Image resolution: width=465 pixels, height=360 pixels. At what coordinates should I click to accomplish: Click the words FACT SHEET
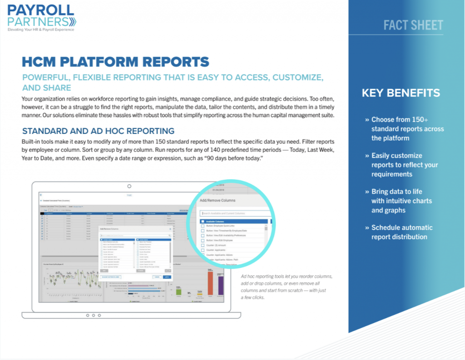[413, 25]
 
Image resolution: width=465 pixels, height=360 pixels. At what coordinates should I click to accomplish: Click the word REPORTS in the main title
[171, 62]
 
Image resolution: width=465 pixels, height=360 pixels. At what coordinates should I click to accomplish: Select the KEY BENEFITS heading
[401, 93]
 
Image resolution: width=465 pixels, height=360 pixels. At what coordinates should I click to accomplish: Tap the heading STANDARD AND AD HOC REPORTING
[98, 131]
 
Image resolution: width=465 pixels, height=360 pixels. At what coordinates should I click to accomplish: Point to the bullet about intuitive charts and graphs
[401, 201]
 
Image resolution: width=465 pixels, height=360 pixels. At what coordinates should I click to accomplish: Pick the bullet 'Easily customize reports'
[404, 165]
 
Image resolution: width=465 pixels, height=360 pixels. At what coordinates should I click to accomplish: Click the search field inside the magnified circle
[236, 213]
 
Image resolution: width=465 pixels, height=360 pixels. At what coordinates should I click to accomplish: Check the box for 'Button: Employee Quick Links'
[203, 226]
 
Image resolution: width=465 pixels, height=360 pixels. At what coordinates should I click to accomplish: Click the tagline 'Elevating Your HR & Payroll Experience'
[40, 30]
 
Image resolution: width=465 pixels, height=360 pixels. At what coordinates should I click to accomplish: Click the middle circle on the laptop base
[93, 315]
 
